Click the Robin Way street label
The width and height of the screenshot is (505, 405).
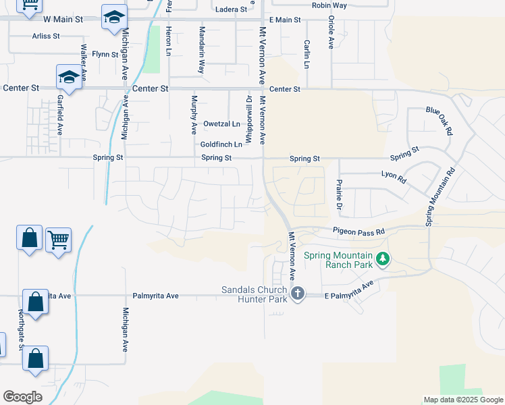click(329, 5)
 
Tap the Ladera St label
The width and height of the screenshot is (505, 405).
click(232, 9)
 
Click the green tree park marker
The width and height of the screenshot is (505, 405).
click(383, 259)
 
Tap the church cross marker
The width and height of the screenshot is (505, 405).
click(298, 293)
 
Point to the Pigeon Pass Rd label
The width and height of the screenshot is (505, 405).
click(358, 231)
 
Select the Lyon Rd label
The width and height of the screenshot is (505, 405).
click(393, 178)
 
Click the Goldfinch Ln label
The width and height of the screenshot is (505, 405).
click(221, 144)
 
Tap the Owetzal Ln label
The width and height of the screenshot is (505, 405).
click(221, 124)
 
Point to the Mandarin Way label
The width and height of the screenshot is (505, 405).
click(201, 50)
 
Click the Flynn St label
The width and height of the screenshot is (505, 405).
click(105, 54)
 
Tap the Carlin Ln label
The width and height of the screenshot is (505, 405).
click(307, 54)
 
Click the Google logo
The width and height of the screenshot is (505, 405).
click(22, 397)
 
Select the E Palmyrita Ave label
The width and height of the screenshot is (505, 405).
click(348, 292)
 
